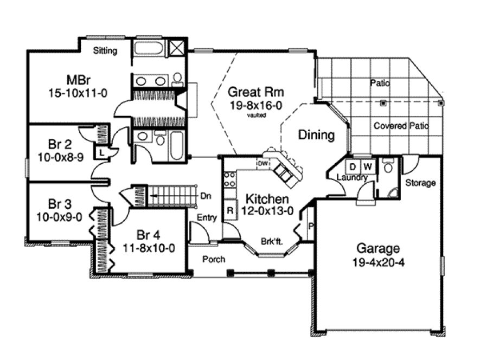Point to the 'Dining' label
tap(316, 135)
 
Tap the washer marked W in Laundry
tap(367, 165)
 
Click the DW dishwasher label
tap(263, 163)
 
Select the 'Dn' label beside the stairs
tap(205, 195)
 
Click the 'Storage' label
tap(420, 183)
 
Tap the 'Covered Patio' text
tap(401, 126)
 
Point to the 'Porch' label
tap(214, 259)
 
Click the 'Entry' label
tap(207, 218)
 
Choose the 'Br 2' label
tap(57, 144)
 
